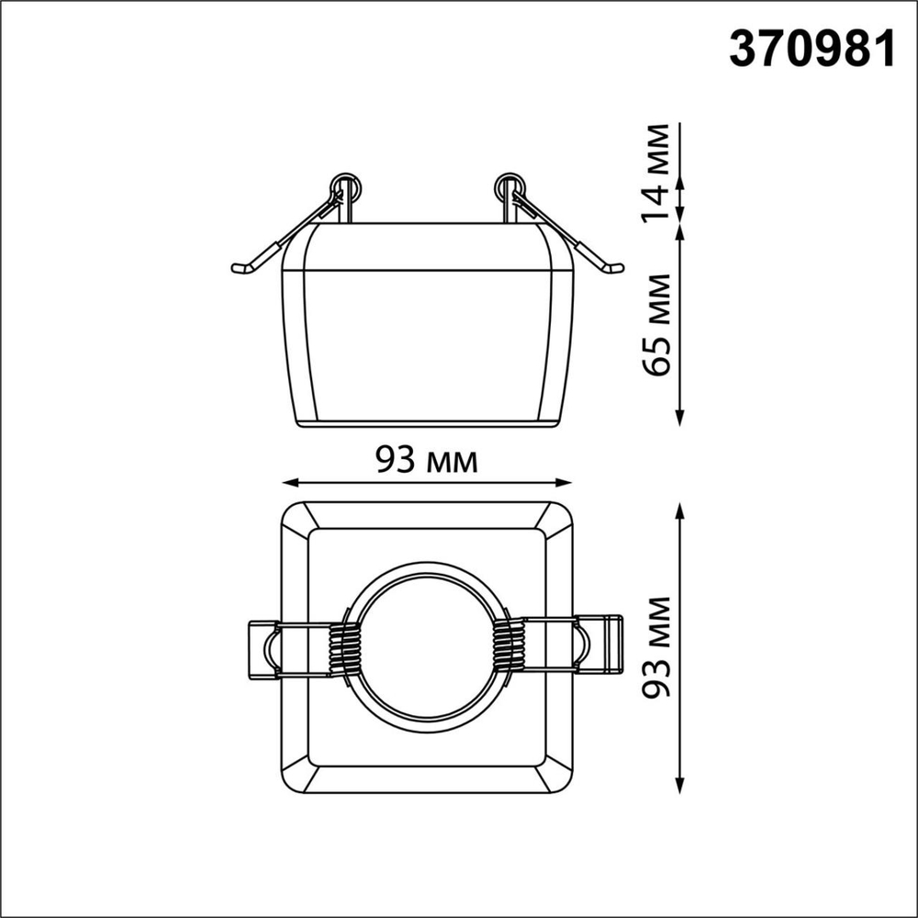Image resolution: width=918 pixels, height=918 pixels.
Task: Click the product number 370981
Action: pos(812,49)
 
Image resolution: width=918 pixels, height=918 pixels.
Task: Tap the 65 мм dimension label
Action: pos(656,325)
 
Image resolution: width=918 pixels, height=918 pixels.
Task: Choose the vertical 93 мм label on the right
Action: pos(656,648)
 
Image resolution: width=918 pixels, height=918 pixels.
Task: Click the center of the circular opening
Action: pos(425,647)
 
